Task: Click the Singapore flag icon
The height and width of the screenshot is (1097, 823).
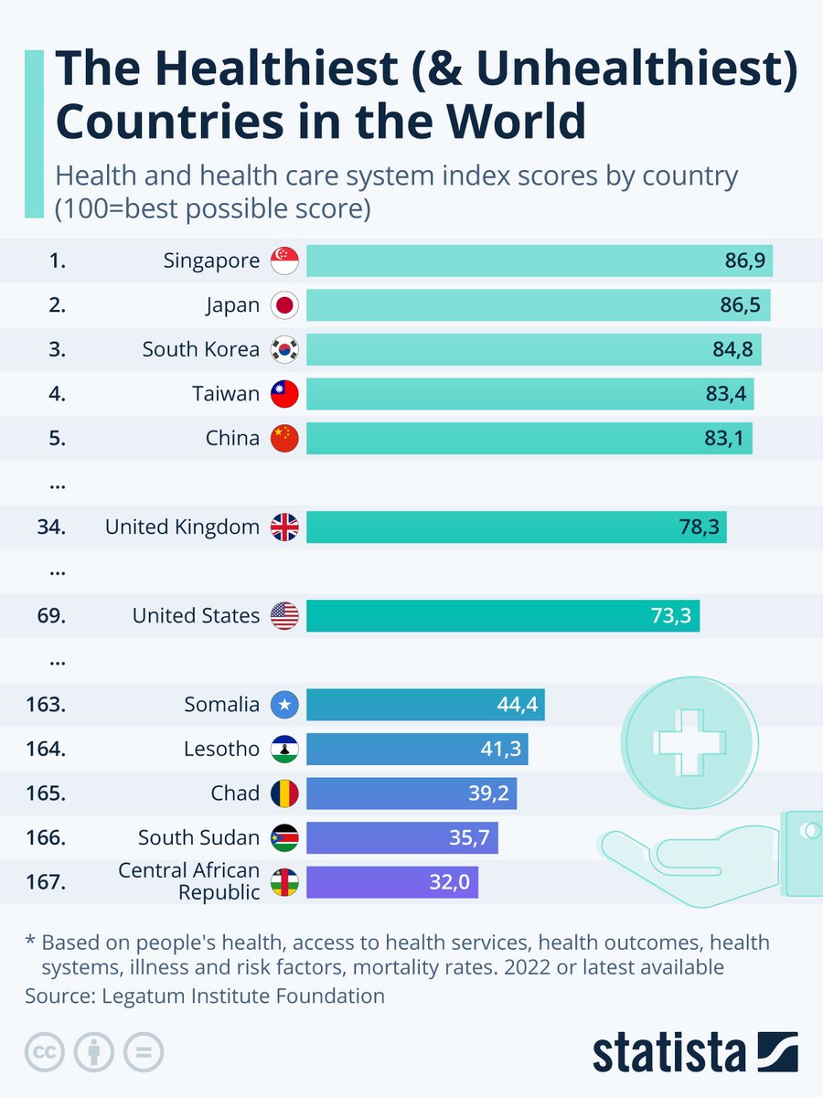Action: [x=285, y=261]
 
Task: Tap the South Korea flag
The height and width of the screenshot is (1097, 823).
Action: [x=285, y=349]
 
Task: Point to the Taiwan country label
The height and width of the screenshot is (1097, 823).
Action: [x=226, y=394]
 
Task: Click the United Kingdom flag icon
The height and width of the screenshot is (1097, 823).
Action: [x=285, y=527]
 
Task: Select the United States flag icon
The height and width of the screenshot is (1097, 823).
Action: [x=285, y=616]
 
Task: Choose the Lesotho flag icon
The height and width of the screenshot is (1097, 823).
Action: [x=285, y=750]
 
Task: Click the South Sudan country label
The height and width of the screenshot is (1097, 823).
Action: [x=198, y=837]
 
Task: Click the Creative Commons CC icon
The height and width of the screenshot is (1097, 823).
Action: [x=44, y=1052]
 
